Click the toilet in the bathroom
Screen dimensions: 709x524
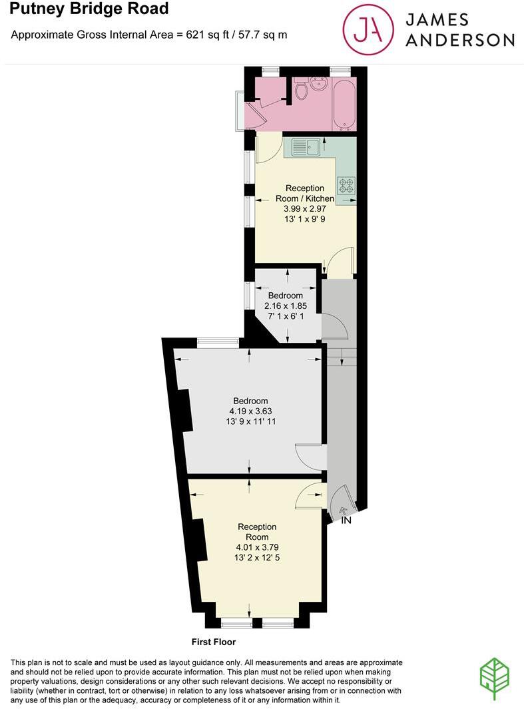(300, 90)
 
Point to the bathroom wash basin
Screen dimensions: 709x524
(318, 85)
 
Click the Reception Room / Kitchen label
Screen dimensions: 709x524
(305, 193)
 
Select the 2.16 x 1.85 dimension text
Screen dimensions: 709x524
(285, 306)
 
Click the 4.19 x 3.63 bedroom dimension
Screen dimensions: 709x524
(250, 411)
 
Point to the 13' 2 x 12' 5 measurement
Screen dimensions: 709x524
(256, 559)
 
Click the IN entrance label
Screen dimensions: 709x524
(346, 521)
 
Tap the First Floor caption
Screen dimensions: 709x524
(213, 642)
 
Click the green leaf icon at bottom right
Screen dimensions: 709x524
(495, 678)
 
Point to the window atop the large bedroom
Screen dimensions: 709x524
(218, 343)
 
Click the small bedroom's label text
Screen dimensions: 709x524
(285, 296)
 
